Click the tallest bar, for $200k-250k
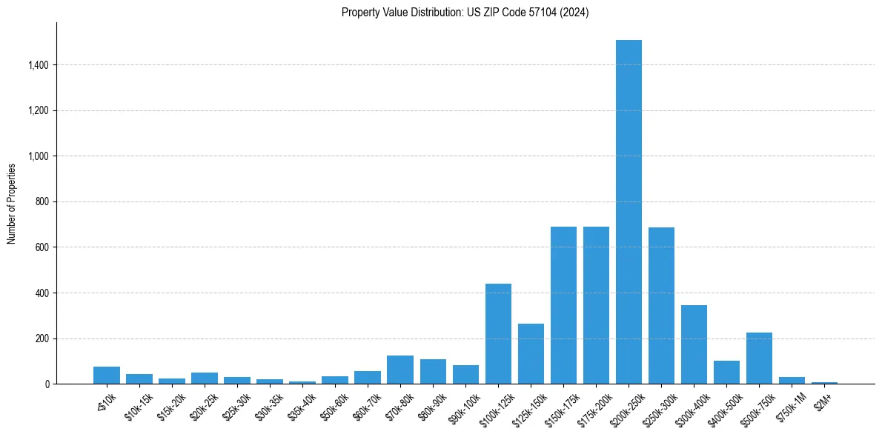coord(629,212)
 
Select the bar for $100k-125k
coord(498,334)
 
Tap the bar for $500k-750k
coord(759,358)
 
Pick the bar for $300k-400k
coord(694,344)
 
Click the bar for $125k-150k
coord(531,354)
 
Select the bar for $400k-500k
coord(726,373)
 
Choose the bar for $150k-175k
coord(563,305)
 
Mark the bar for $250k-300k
coord(661,306)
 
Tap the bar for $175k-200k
coord(596,305)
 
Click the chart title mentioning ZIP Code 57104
coord(465,13)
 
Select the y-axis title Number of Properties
coord(12,203)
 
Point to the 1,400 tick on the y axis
coord(38,65)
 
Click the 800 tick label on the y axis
coord(42,202)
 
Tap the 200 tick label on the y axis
coord(42,338)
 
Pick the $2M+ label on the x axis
coord(823,400)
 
